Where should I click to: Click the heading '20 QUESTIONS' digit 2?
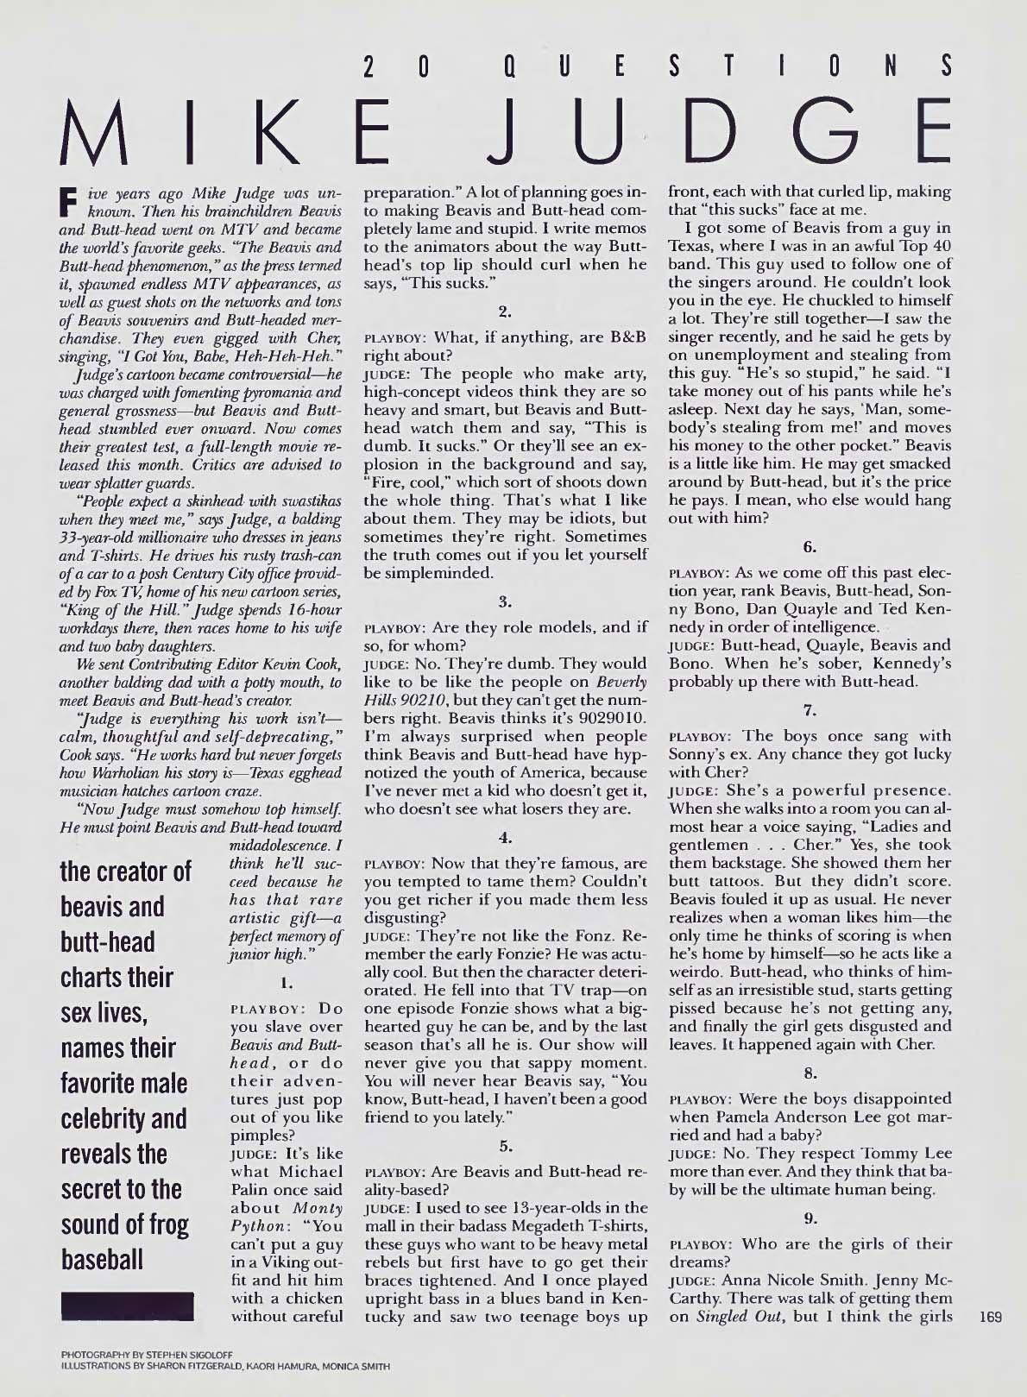[369, 66]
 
